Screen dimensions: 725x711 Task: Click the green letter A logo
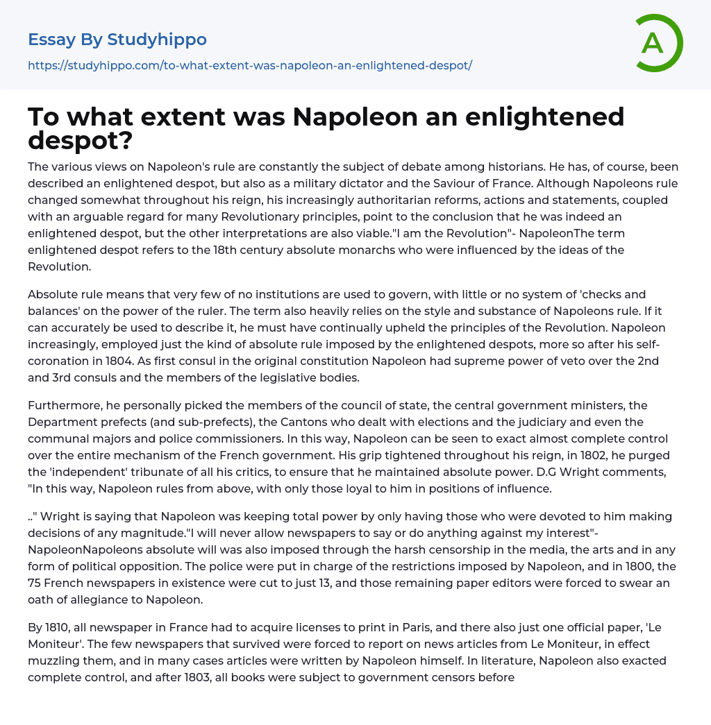coord(659,43)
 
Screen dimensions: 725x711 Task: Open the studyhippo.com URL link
coord(250,65)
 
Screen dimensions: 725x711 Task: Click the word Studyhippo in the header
coord(157,40)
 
